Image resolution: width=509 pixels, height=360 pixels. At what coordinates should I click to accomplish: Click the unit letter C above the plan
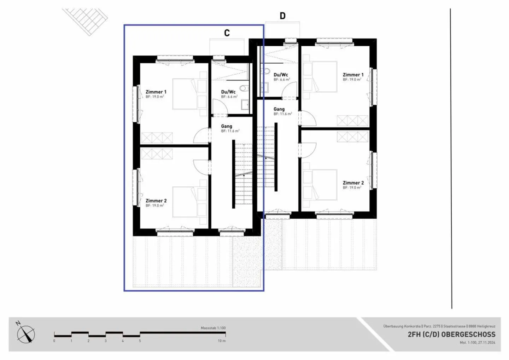227,33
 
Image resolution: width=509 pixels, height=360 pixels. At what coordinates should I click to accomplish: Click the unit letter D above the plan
282,16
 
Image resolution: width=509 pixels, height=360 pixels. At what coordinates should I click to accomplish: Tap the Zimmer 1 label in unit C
156,92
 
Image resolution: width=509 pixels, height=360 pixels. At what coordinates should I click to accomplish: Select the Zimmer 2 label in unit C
156,201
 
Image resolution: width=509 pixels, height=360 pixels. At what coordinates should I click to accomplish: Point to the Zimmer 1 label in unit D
353,75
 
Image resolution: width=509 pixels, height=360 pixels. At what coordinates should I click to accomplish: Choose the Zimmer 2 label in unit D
353,183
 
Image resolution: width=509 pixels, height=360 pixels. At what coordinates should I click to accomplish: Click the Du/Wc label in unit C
228,92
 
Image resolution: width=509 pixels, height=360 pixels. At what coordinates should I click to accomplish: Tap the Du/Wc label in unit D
281,75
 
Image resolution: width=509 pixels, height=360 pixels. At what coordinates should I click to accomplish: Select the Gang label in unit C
227,126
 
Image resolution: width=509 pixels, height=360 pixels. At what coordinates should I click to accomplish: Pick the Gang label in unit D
279,109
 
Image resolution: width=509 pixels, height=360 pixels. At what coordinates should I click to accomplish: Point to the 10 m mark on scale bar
222,341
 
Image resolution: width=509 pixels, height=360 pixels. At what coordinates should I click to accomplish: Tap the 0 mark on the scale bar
54,341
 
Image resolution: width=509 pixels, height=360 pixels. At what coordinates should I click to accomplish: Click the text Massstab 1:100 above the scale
213,328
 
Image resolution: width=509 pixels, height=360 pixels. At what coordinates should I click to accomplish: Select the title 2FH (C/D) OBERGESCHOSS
451,334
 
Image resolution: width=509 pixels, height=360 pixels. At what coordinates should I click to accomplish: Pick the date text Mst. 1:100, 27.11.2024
477,342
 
